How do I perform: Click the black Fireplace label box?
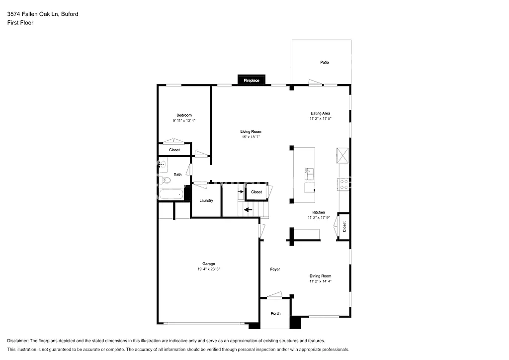pos(251,80)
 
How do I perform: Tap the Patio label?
pos(325,62)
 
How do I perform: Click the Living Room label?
pos(251,132)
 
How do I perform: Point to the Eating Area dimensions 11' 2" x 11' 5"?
pos(320,118)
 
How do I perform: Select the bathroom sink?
pos(163,165)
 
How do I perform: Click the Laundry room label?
pos(206,200)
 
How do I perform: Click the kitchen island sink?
pos(308,173)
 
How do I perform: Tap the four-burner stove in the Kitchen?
pos(343,184)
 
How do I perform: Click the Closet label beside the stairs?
pos(256,192)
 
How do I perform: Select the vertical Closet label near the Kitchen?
pos(344,226)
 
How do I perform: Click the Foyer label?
pos(275,269)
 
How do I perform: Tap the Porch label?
pos(275,313)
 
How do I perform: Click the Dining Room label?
pos(320,275)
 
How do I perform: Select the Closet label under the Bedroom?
pos(174,150)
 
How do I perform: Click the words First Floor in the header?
pos(20,23)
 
